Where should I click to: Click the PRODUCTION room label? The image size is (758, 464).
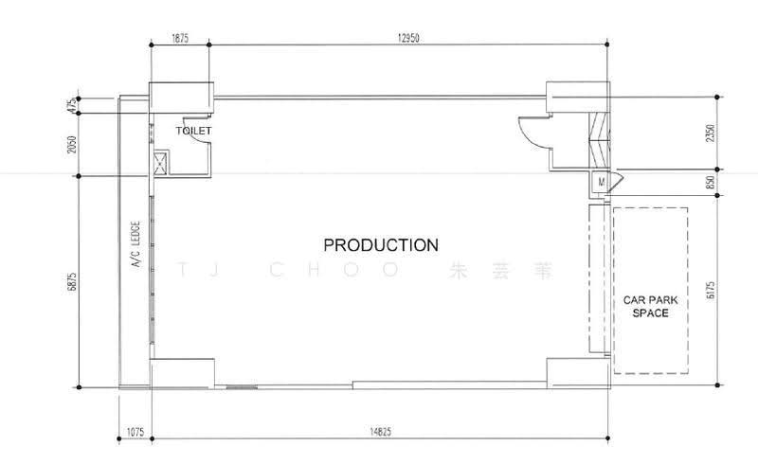(x=381, y=245)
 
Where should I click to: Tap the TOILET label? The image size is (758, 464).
(x=193, y=131)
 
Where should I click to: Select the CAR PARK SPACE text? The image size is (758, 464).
(x=650, y=307)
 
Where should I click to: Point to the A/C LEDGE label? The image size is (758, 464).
(x=135, y=244)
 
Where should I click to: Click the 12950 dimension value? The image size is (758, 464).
(x=408, y=38)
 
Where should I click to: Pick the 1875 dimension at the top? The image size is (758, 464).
(x=180, y=38)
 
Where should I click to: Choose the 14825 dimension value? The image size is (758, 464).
(x=381, y=432)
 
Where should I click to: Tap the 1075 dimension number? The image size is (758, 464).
(x=135, y=432)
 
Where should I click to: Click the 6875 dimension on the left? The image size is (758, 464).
(x=72, y=282)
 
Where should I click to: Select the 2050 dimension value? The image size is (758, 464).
(x=72, y=144)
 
